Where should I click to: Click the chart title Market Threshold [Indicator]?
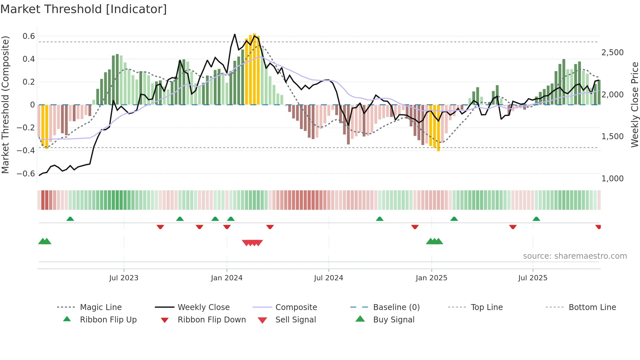coord(84,9)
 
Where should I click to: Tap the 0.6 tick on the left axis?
coord(29,36)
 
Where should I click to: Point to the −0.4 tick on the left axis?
coord(26,151)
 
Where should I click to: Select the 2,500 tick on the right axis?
coord(612,53)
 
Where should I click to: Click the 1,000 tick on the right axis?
coord(612,179)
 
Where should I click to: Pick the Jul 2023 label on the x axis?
coord(124,278)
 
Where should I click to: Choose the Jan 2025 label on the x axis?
coord(431,278)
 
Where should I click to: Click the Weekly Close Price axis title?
coord(634,105)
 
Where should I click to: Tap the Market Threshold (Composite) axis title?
coord(5,105)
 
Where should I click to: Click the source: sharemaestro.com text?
coord(575,256)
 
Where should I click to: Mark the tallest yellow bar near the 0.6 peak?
coord(254,69)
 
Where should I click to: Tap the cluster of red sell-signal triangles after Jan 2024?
coord(252,243)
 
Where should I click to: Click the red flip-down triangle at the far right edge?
coord(598,227)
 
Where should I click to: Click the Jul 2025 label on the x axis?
coord(533,278)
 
